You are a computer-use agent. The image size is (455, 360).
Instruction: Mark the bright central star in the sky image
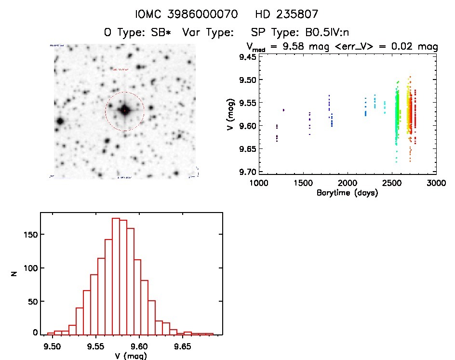point(125,111)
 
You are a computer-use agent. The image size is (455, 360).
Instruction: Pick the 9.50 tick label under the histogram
point(52,346)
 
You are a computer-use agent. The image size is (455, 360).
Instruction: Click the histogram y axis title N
point(15,273)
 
